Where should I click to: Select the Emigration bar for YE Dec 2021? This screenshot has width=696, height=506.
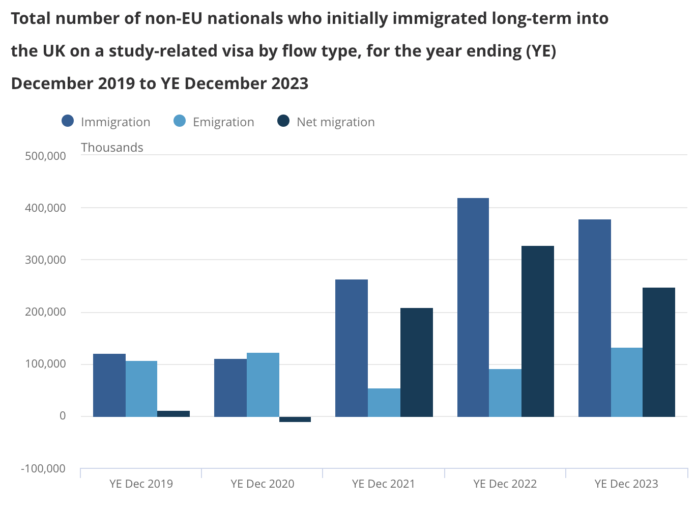(384, 403)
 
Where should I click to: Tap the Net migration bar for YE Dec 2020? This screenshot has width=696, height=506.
(295, 419)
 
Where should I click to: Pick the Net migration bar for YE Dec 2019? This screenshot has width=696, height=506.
(173, 414)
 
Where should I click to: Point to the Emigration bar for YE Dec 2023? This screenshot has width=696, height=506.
(627, 382)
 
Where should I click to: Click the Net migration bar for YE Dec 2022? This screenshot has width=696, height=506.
(538, 331)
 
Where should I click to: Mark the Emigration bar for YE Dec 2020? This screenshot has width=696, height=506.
(263, 385)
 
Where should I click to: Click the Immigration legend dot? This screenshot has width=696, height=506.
(68, 121)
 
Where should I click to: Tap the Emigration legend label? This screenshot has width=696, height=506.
(223, 122)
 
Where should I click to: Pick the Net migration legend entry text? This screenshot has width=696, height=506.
(336, 122)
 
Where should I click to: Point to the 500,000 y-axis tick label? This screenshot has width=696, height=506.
(46, 156)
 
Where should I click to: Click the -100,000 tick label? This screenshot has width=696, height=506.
(43, 468)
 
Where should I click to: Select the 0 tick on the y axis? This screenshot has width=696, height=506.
(63, 416)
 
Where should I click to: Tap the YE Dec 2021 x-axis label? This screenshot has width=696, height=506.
(384, 484)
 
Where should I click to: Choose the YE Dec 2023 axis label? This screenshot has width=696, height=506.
(626, 484)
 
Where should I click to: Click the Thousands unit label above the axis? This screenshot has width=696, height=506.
(112, 148)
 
